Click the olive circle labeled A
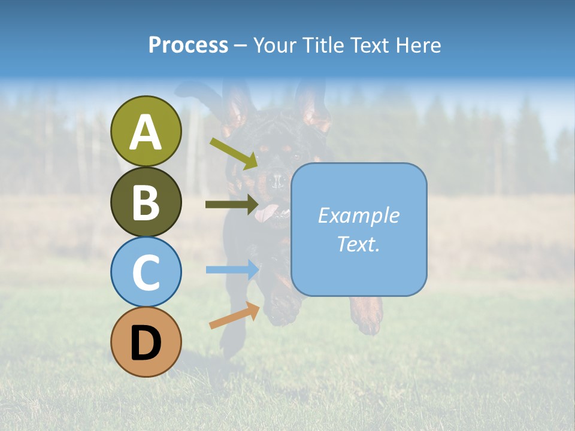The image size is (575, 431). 146,131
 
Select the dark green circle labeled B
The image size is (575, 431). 146,202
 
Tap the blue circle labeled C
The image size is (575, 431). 146,272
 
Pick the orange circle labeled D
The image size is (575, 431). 146,342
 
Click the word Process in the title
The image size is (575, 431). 188,45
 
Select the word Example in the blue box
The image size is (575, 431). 358,215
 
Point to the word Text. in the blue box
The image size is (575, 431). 358,244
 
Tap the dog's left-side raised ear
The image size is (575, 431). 237,108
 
